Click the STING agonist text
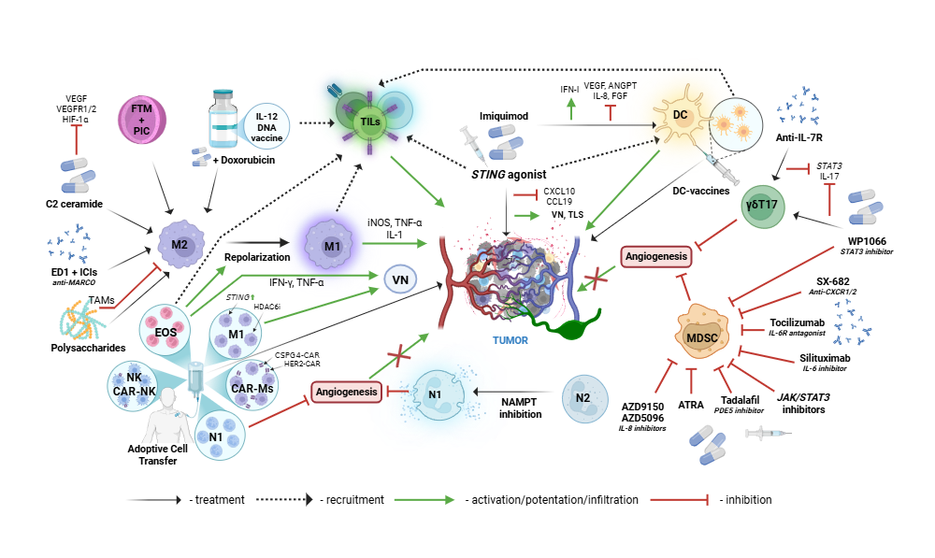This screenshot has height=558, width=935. [x=509, y=173]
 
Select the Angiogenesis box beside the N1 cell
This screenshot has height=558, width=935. [x=346, y=393]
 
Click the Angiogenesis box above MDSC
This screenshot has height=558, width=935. [x=655, y=255]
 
